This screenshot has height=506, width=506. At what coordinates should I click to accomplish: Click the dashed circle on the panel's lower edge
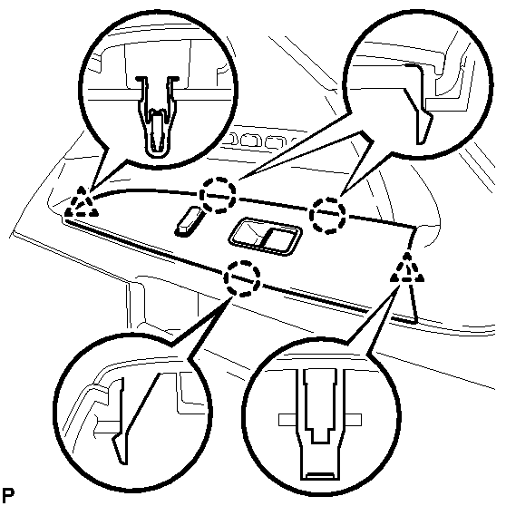pyautogui.click(x=242, y=278)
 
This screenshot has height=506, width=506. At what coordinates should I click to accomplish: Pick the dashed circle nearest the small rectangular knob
pyautogui.click(x=218, y=195)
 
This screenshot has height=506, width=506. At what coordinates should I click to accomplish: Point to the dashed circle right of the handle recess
pyautogui.click(x=327, y=215)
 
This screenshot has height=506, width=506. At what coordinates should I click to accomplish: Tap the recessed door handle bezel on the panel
pyautogui.click(x=265, y=236)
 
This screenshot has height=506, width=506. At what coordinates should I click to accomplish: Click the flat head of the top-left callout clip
pyautogui.click(x=157, y=78)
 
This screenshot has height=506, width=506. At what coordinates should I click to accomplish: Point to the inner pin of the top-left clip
pyautogui.click(x=157, y=129)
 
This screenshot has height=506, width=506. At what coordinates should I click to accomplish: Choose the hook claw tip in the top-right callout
pyautogui.click(x=421, y=142)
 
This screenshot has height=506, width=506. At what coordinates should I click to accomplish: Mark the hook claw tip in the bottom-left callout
pyautogui.click(x=122, y=462)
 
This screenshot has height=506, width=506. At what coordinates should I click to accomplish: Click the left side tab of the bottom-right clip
pyautogui.click(x=287, y=420)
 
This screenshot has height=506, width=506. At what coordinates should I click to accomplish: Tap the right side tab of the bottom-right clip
pyautogui.click(x=353, y=420)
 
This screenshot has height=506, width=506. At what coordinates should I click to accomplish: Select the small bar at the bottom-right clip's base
pyautogui.click(x=320, y=474)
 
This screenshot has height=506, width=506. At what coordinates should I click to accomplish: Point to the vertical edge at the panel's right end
pyautogui.click(x=413, y=274)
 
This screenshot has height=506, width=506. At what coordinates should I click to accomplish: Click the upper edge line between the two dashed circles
pyautogui.click(x=273, y=204)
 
